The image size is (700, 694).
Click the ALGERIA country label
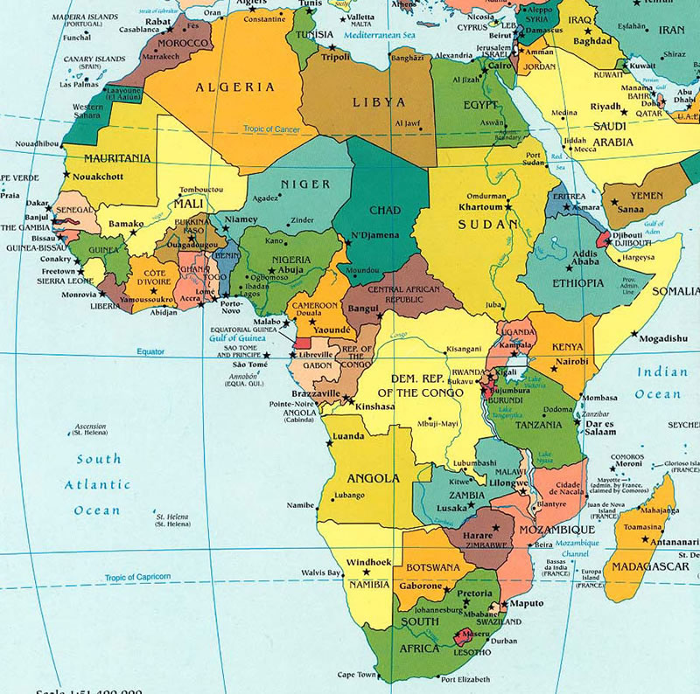pyautogui.click(x=234, y=87)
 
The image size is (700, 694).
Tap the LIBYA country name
pyautogui.click(x=379, y=102)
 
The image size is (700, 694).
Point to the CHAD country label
pyautogui.click(x=385, y=211)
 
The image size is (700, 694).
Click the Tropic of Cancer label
pyautogui.click(x=272, y=130)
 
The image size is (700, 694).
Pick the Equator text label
pyautogui.click(x=150, y=352)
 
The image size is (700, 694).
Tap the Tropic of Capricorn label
pyautogui.click(x=137, y=577)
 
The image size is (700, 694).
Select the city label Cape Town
pyautogui.click(x=355, y=675)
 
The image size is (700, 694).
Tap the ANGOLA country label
pyautogui.click(x=373, y=478)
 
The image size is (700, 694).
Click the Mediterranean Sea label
pyautogui.click(x=377, y=36)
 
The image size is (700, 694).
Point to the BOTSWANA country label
pyautogui.click(x=432, y=567)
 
